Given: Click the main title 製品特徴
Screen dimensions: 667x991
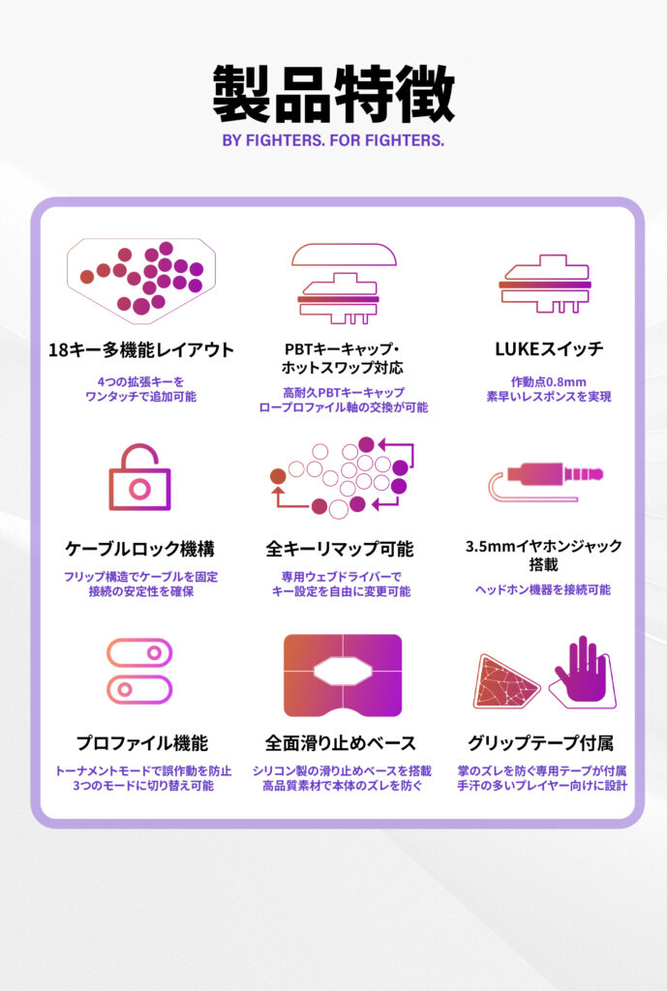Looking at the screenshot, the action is pos(334,94).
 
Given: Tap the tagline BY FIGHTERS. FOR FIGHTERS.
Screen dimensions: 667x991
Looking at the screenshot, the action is pos(333,140).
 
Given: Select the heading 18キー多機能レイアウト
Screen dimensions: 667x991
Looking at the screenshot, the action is pos(141,349).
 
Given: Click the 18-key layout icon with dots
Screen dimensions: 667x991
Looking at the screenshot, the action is pos(141,278).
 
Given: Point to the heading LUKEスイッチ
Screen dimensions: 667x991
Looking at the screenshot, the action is pos(549,348).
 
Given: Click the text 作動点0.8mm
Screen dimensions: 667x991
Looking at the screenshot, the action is pos(549,381).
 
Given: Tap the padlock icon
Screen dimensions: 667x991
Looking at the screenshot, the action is pos(139,477).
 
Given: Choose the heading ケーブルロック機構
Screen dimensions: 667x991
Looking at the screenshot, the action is pos(139,549).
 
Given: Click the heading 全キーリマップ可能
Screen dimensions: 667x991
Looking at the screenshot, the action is pos(340,549).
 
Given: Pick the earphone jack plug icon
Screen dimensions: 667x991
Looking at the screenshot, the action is pos(546,481).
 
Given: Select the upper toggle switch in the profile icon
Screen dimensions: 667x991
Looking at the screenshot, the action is pos(139,653).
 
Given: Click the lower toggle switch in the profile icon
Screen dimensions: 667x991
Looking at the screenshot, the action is pos(139,689).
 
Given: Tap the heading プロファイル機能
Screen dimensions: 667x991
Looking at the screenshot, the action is pos(141,742).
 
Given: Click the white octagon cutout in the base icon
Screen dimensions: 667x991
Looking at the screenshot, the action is pos(343,674).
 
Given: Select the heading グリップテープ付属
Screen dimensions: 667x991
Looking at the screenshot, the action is pos(540,742).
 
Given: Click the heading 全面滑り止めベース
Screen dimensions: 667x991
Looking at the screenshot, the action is pos(341,742).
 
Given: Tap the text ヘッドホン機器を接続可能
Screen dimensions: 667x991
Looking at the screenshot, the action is pos(543,589).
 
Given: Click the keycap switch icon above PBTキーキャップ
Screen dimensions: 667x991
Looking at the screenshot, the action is pos(344,284).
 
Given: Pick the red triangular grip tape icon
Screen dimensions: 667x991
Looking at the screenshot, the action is pos(505,680).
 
